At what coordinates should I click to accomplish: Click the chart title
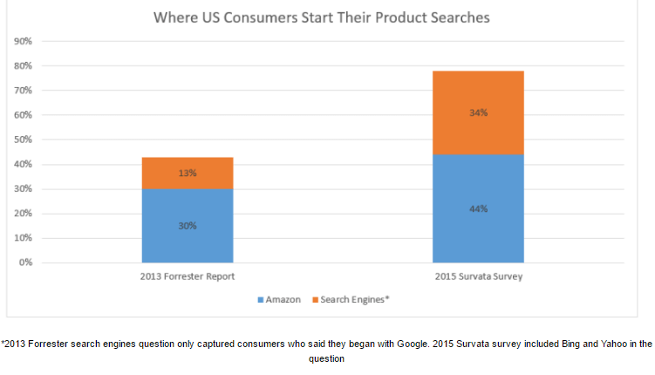pos(320,17)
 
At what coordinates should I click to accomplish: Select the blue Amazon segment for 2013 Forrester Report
pos(187,225)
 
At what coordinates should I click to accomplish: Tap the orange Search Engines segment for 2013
pos(187,173)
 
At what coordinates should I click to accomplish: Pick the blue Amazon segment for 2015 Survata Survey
pos(478,208)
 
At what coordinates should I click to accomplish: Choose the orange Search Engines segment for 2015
pos(478,112)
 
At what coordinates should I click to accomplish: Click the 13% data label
pos(188,173)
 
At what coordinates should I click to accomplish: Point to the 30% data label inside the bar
pos(188,226)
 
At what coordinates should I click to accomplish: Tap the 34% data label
pos(478,112)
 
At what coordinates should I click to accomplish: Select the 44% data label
pos(478,209)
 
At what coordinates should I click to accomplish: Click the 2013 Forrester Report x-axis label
pos(187,276)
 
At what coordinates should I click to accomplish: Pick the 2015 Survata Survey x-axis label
pos(478,276)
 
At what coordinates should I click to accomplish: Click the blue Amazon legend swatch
pos(261,300)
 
